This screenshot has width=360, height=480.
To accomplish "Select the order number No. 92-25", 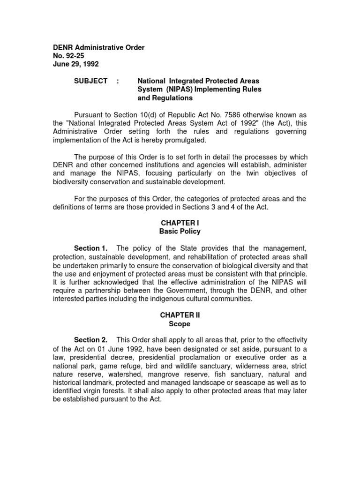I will pos(68,56).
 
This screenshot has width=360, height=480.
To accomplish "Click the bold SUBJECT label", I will pos(91,81).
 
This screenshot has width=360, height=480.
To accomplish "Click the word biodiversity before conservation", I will pos(71,182).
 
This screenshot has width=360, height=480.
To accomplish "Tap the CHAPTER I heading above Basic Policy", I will pos(180,223).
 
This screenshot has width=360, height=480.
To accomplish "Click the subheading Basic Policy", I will pos(180,232).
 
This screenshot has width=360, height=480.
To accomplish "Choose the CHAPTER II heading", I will pos(180,315).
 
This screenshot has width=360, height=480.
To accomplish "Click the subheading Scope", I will pos(180,324).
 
